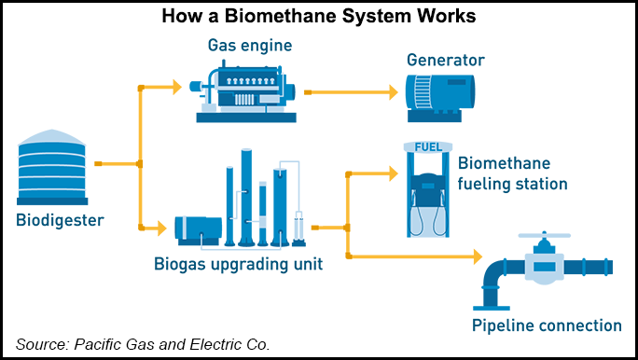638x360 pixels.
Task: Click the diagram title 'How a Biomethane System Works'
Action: click(x=318, y=18)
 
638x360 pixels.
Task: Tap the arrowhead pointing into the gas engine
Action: click(x=175, y=89)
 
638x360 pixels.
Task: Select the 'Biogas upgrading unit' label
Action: click(x=239, y=264)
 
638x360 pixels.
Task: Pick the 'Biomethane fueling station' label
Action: click(x=512, y=173)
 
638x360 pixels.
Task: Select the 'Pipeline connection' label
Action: click(x=546, y=325)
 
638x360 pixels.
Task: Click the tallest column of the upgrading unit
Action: click(x=246, y=196)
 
